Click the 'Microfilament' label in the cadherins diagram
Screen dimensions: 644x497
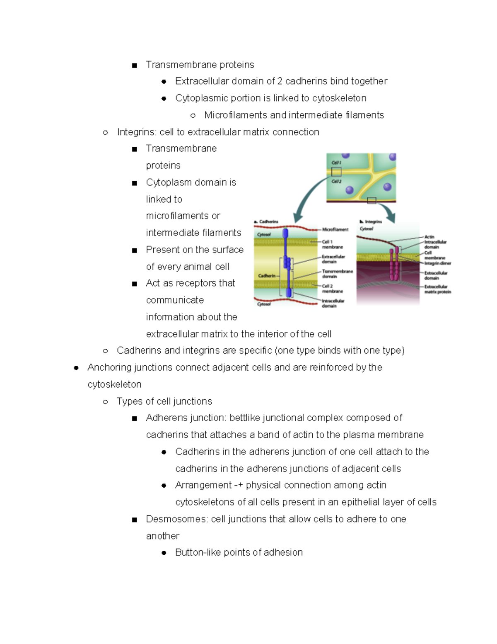point(335,229)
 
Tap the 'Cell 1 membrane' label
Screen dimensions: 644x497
point(332,244)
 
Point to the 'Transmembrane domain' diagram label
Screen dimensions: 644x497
point(337,274)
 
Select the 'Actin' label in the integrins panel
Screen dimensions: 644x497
point(429,237)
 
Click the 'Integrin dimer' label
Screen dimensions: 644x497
point(437,263)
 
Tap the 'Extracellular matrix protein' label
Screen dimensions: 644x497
point(437,289)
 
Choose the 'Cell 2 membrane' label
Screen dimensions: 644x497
point(332,289)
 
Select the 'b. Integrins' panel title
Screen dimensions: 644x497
point(371,222)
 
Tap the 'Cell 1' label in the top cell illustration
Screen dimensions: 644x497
point(336,163)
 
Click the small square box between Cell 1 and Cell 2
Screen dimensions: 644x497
point(336,172)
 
